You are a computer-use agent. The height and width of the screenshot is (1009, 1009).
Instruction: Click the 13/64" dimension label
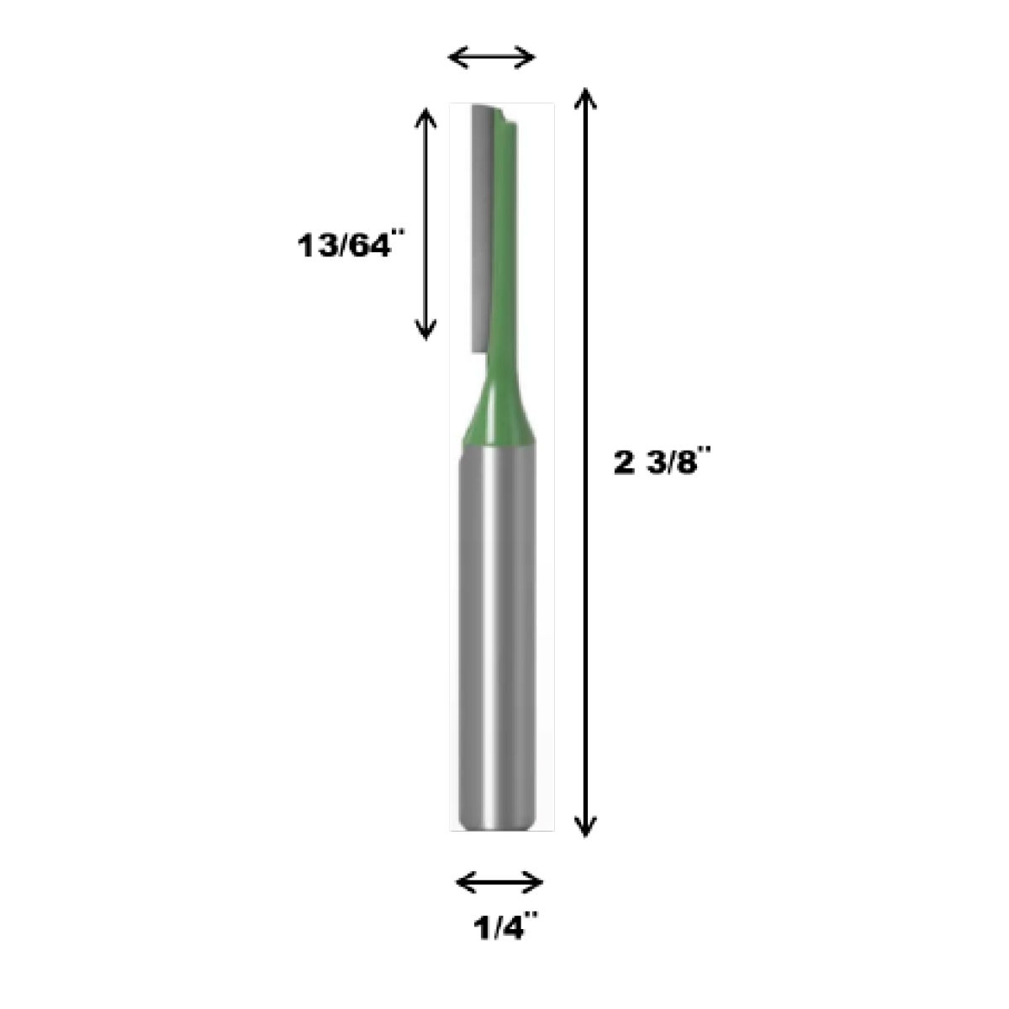(344, 248)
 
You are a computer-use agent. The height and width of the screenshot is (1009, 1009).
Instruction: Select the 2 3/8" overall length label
(663, 464)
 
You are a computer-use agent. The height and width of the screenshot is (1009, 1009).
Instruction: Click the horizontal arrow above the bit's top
(493, 57)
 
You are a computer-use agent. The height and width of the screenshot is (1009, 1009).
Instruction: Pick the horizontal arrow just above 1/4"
(499, 882)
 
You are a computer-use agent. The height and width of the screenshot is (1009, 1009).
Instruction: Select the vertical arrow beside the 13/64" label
(427, 223)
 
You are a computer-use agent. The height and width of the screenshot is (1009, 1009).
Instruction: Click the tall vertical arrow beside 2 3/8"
(586, 462)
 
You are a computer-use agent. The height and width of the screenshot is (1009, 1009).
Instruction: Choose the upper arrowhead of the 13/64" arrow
(427, 117)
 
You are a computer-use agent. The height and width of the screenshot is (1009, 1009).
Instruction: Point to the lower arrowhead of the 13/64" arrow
(427, 330)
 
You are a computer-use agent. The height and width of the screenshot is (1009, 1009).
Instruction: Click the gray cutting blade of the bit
(481, 227)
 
